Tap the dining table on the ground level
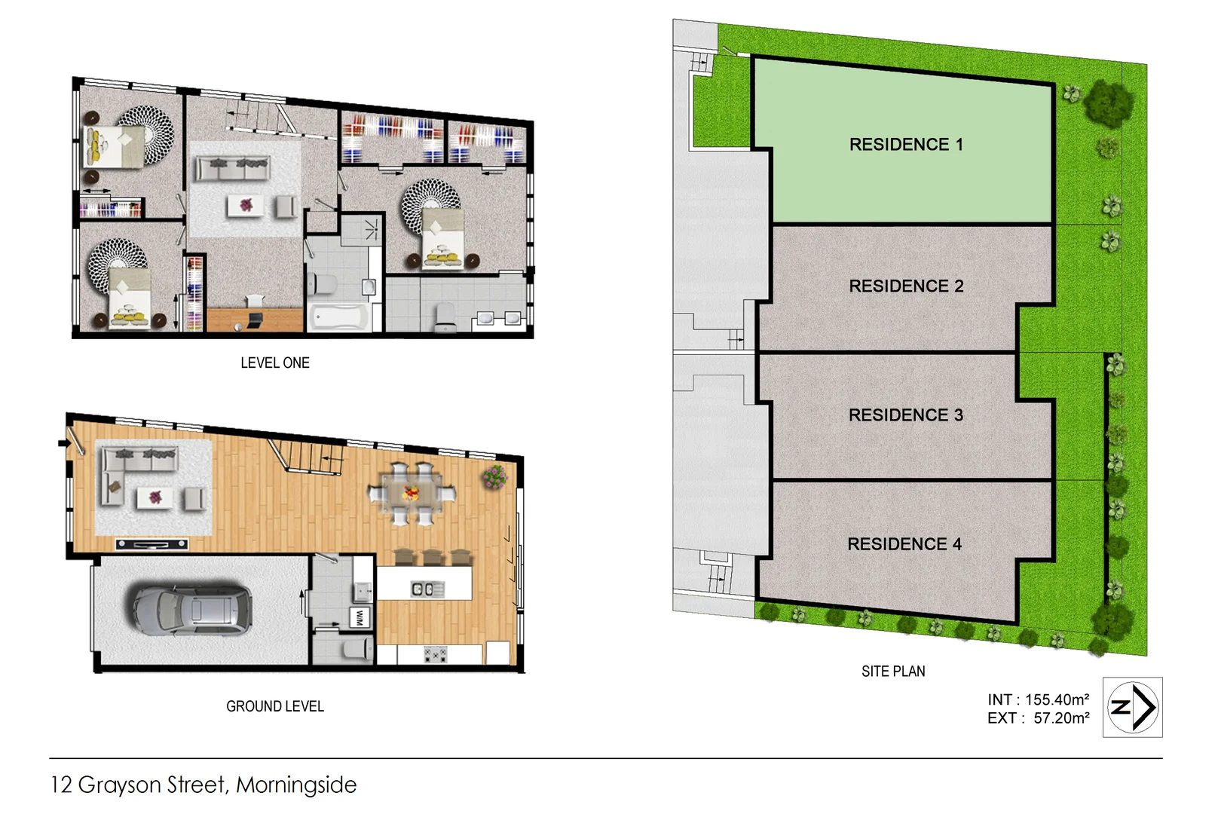coord(412,494)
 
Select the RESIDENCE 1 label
coord(906,145)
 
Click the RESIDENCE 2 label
coord(906,286)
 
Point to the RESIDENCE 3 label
coord(905,415)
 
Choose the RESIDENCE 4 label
coord(904,544)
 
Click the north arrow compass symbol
coord(1132,707)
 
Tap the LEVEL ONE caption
coord(275,363)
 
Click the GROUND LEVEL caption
coord(275,707)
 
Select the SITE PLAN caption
coord(893,672)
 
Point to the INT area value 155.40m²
coord(1057,699)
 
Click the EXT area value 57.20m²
coord(1061,718)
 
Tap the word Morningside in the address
coord(296,785)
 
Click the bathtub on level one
coord(338,317)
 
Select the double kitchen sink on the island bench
coord(422,589)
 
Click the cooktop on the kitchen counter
coord(436,654)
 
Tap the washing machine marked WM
coord(360,617)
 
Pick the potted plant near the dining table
coord(494,476)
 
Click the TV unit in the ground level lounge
coord(152,543)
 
